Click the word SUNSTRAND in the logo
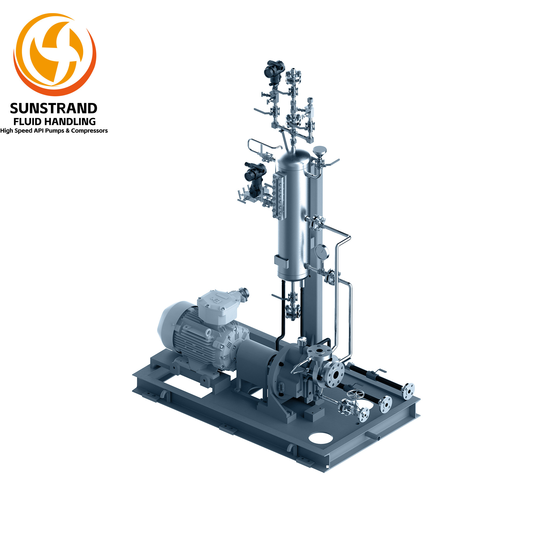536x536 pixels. [54, 109]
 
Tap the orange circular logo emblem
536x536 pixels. [55, 55]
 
